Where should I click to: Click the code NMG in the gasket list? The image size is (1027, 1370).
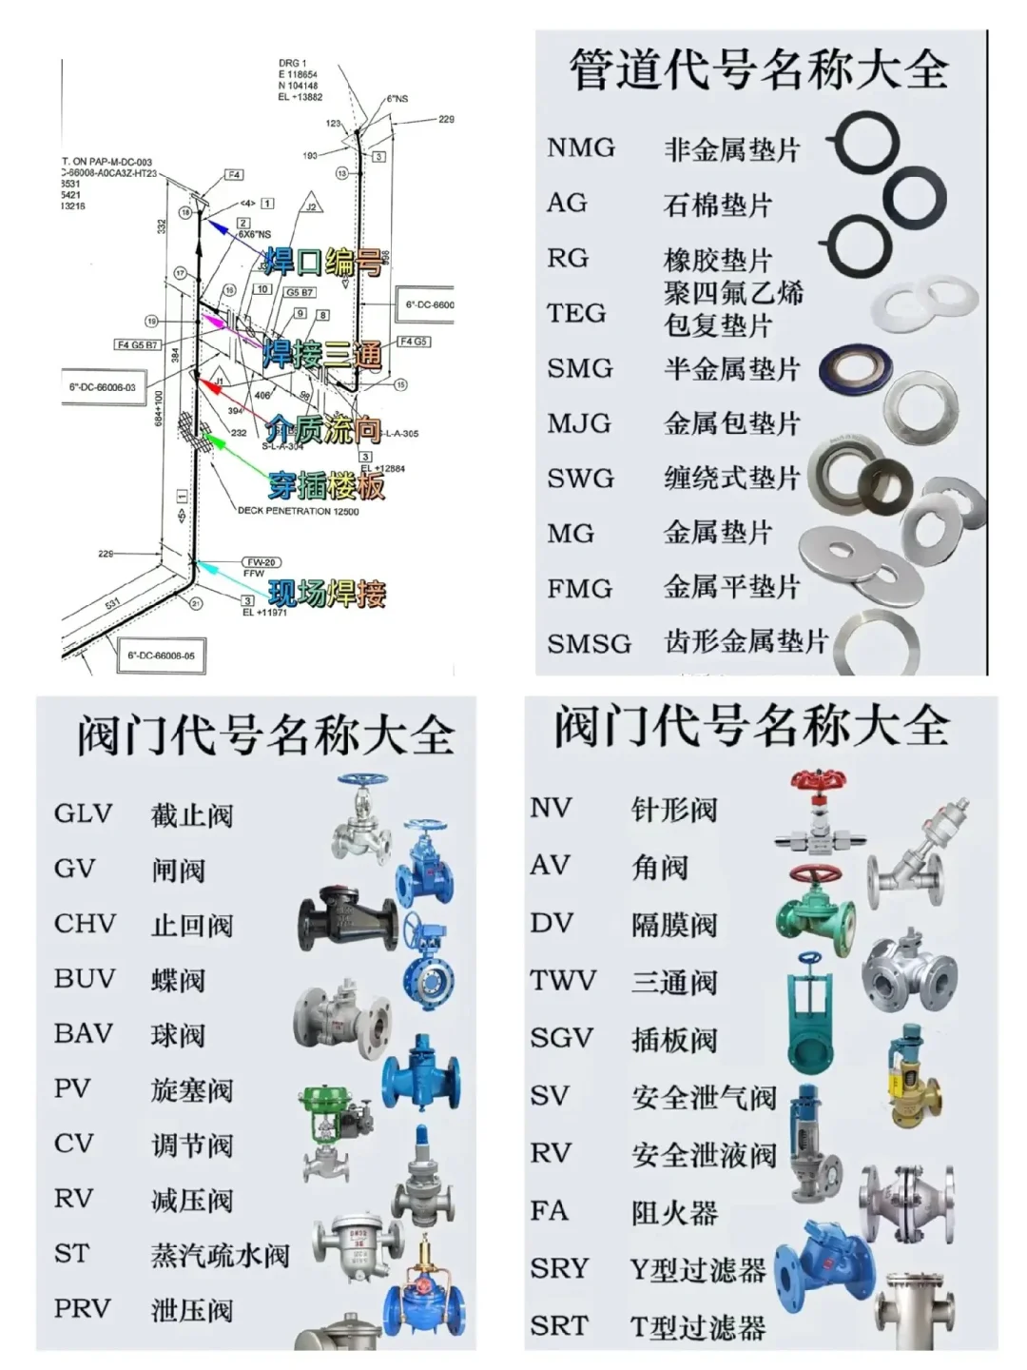point(581,148)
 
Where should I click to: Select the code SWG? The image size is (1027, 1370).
point(580,479)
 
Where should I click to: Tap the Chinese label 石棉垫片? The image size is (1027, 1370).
point(717,205)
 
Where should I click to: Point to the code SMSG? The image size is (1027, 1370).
point(589,644)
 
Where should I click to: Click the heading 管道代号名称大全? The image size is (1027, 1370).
point(758,69)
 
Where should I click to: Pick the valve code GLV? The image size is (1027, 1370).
point(84,814)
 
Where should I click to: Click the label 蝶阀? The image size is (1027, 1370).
point(178,980)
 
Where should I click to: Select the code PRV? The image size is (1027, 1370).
point(82,1309)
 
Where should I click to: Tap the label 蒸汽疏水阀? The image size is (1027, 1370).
point(220,1255)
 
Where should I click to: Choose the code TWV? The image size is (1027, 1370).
point(563,981)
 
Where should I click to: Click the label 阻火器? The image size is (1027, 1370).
point(674,1212)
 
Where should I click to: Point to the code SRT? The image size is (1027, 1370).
point(559,1325)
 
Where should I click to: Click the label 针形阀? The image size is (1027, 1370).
point(674,810)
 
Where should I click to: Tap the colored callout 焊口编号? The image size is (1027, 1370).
point(323,261)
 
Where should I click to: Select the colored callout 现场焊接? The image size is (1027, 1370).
point(326,594)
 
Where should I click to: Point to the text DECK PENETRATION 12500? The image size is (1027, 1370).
point(298,511)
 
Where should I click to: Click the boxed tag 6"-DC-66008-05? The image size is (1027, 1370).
point(161,656)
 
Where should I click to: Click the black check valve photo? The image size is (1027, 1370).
point(346,920)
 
